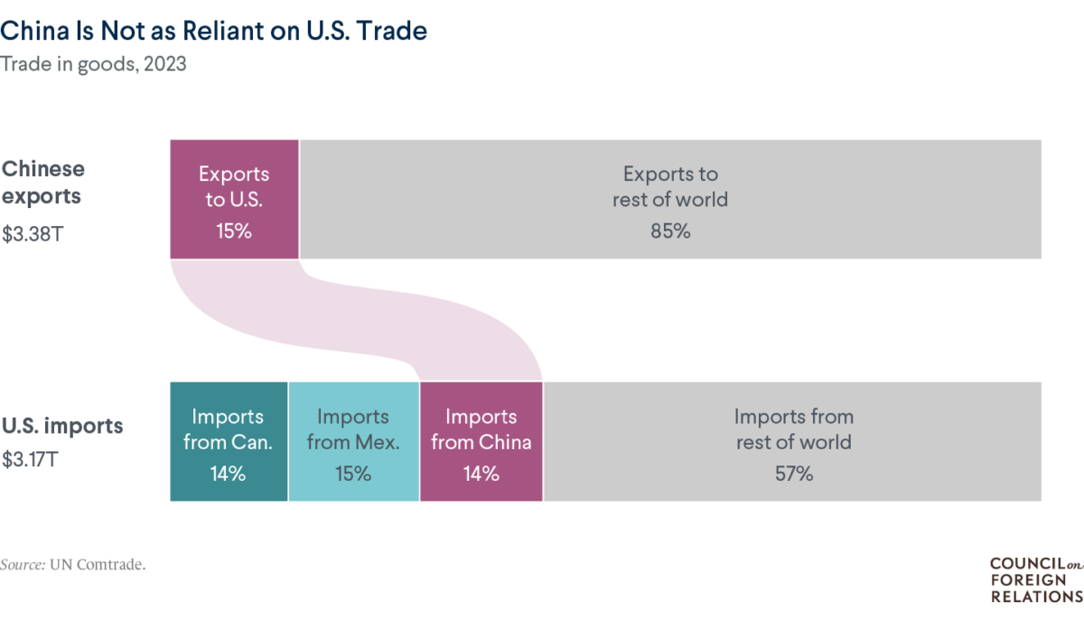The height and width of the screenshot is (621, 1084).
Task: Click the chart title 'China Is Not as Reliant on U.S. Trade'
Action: coord(214,32)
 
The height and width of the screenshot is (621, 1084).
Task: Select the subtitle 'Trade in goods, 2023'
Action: coord(94,65)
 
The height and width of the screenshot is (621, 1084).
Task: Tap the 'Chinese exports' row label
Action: coord(43,182)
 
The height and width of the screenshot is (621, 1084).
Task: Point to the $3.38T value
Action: coord(32,234)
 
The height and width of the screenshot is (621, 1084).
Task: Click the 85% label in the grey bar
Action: coord(669,231)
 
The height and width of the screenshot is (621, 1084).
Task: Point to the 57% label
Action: coord(793,473)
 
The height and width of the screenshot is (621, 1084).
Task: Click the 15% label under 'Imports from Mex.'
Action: coord(353,473)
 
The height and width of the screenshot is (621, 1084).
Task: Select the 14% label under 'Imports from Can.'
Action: coord(229,473)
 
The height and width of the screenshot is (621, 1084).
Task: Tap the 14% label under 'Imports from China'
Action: coord(481,473)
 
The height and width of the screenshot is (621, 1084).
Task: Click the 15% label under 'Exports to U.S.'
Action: coord(234,231)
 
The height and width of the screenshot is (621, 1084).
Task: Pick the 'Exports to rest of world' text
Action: coord(669,185)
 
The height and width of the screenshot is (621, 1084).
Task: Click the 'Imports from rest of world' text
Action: coord(793,429)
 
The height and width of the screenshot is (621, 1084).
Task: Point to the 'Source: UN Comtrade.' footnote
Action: coord(73,564)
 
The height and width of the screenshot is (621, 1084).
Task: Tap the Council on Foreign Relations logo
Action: coord(1035,579)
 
